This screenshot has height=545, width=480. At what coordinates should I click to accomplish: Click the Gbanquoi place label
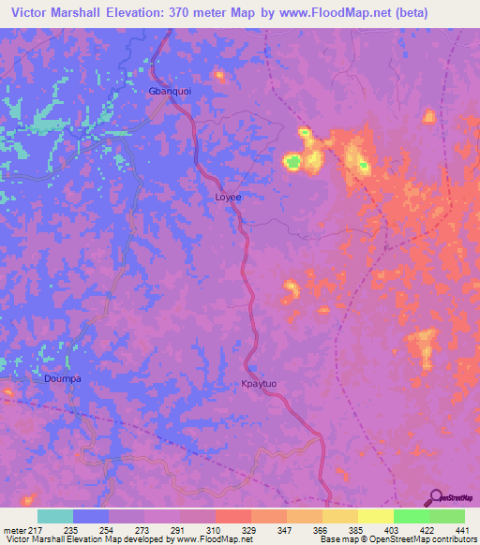click(x=170, y=92)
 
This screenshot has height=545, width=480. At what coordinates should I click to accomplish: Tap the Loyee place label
click(x=228, y=198)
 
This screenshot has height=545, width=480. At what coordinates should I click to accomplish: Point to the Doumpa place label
click(x=64, y=379)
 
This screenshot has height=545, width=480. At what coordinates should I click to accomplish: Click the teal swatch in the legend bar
click(x=55, y=516)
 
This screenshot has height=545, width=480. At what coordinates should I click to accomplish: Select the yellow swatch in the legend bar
click(x=376, y=516)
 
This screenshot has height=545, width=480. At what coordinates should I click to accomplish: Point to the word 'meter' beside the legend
click(x=12, y=529)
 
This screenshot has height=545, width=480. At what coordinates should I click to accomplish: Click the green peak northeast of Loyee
click(x=293, y=164)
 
